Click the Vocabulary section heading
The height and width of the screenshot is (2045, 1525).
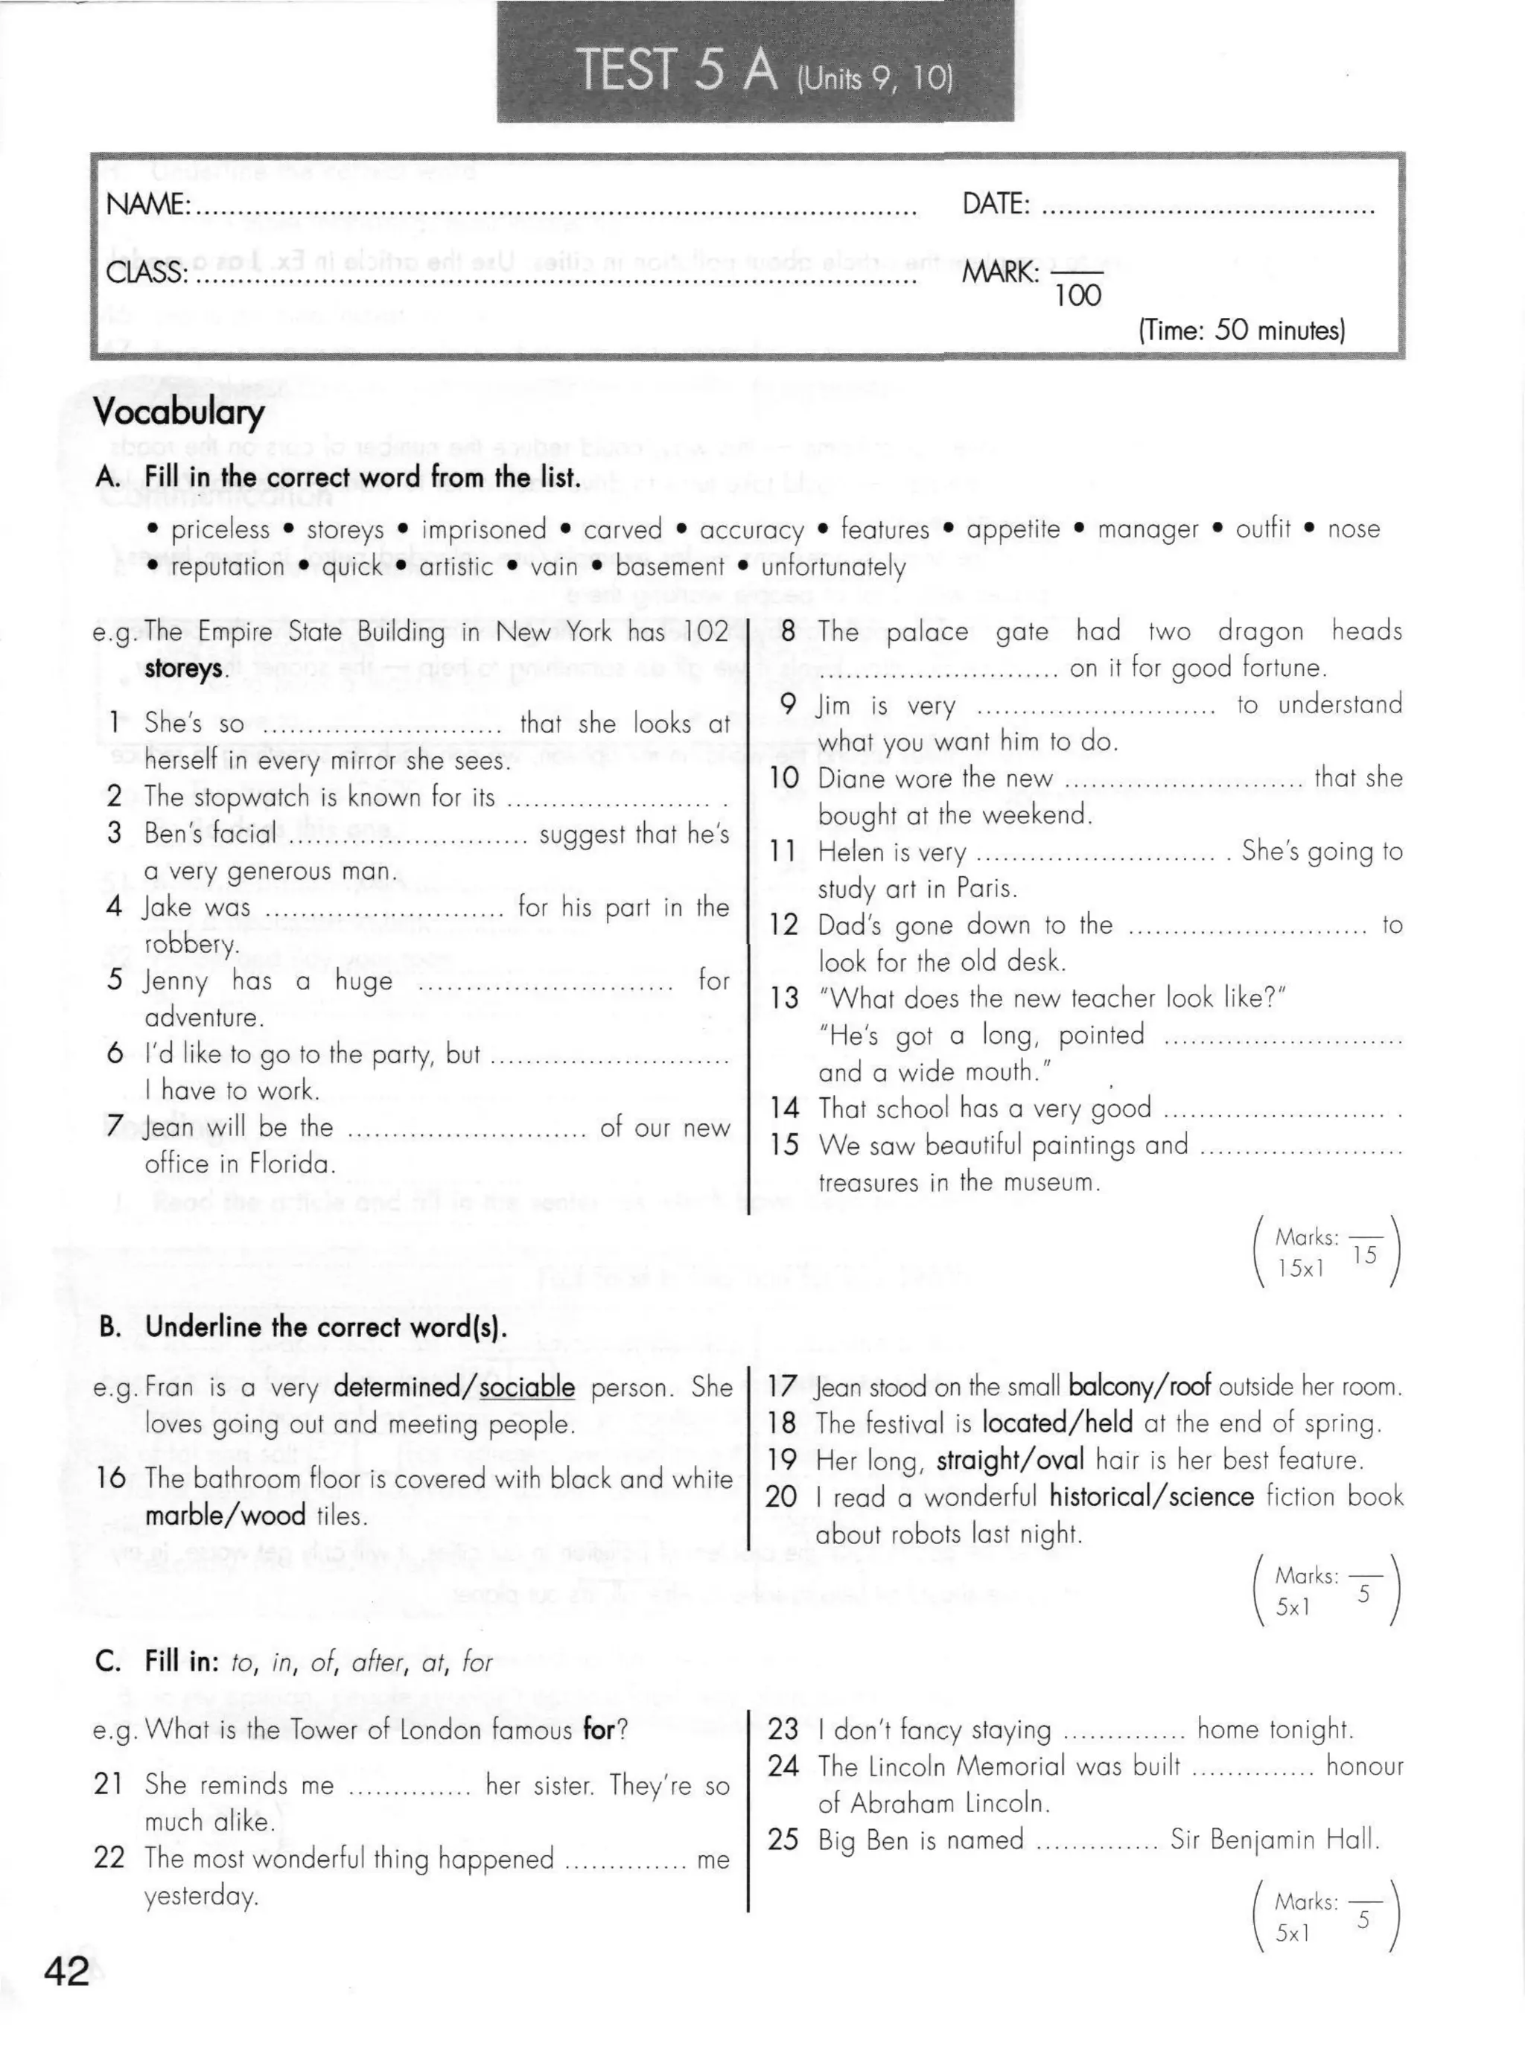click(x=179, y=412)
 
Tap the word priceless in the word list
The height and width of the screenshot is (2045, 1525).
click(x=220, y=530)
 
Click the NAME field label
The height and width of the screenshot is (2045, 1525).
click(x=147, y=204)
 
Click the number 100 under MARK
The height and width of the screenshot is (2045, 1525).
click(x=1077, y=296)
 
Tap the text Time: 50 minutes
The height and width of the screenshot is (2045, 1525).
click(x=1241, y=331)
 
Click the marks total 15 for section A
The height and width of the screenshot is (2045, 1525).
click(x=1363, y=1255)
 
